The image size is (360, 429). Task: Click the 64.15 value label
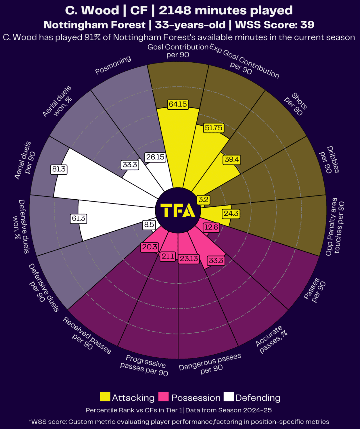[178, 104]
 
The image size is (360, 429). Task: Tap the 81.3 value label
[59, 169]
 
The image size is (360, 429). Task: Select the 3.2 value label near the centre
[203, 200]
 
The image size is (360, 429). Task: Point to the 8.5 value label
[149, 225]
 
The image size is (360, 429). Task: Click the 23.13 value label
[189, 258]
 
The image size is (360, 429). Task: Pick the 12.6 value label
[211, 227]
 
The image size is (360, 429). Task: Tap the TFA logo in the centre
[178, 210]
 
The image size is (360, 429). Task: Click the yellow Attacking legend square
[105, 397]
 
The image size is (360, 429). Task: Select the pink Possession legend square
[163, 397]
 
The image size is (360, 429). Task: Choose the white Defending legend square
[229, 397]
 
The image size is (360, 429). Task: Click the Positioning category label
[113, 65]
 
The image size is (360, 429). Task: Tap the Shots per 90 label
[296, 104]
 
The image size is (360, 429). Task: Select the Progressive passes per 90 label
[145, 365]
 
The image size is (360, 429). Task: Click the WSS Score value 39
[307, 25]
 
